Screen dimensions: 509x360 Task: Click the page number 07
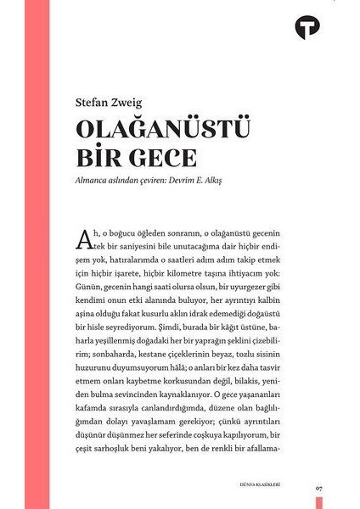(x=318, y=487)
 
